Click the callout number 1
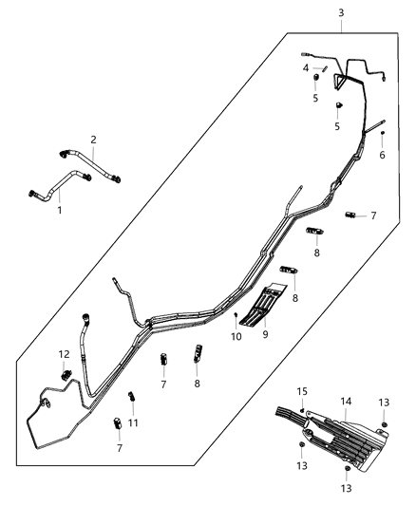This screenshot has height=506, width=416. tap(59, 210)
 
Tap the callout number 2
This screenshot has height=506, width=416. tap(93, 140)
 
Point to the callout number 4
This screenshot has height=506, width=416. tap(306, 68)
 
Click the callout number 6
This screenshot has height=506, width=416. tap(383, 156)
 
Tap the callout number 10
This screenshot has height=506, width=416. tap(236, 336)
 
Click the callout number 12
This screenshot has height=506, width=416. tap(65, 354)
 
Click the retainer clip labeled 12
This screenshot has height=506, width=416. tap(66, 375)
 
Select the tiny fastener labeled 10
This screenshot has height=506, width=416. tap(234, 315)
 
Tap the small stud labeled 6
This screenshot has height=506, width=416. tap(383, 134)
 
